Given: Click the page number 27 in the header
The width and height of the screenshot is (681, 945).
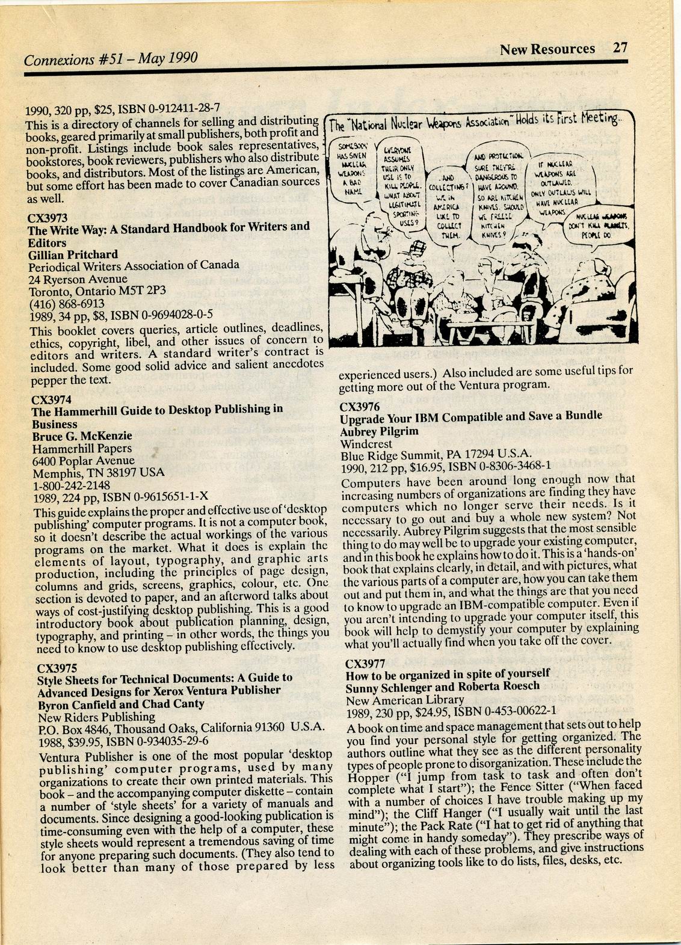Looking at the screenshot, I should point(620,48).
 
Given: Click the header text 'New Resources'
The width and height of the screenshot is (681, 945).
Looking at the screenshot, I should point(547,49).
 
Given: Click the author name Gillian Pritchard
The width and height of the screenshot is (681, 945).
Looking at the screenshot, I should point(73,254).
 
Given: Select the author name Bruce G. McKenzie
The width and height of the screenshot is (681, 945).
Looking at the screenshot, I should point(82,436).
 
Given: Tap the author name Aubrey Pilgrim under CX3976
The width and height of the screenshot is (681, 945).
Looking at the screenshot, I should point(380,431).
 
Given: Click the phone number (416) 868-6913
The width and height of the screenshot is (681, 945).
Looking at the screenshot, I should point(67,303).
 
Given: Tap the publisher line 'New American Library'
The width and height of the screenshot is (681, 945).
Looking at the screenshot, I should point(405,700).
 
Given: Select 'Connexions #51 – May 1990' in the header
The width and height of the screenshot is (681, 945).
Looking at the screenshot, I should point(111,60).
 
